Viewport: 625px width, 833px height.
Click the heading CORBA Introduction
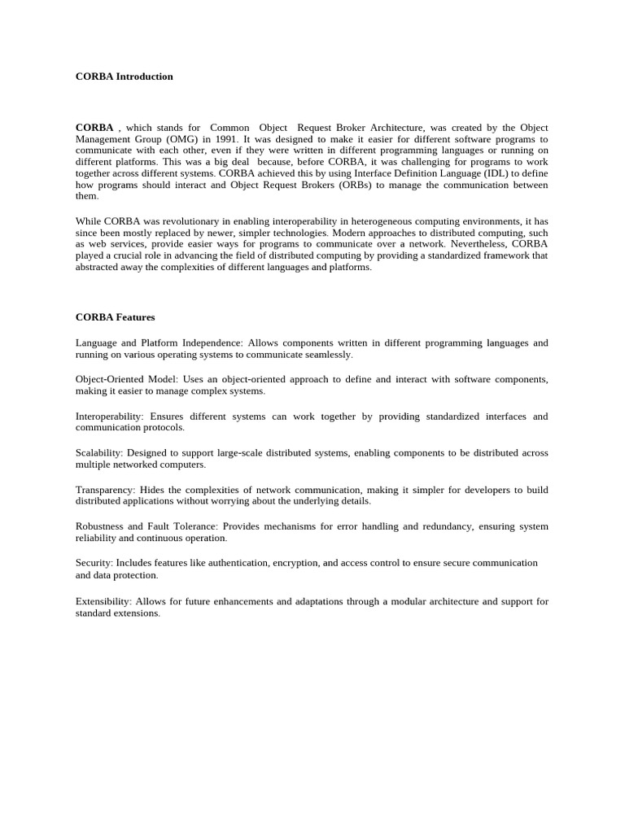point(124,76)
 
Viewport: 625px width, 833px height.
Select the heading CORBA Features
point(115,317)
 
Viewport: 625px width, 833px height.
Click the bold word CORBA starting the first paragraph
point(94,128)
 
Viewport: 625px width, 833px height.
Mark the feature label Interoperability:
point(110,416)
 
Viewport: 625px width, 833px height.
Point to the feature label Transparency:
point(105,490)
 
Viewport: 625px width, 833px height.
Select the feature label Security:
point(94,563)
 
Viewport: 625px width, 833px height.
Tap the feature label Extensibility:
point(103,601)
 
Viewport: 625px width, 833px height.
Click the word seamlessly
point(328,355)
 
